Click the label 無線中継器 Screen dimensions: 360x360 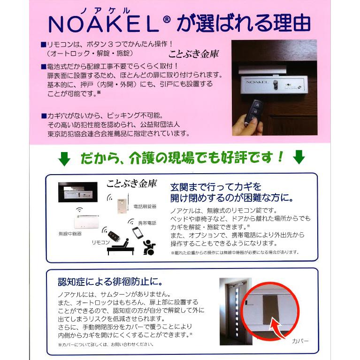coord(70,233)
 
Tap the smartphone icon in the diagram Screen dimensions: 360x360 coord(137,233)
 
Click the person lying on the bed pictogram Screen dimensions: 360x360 coord(121,245)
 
